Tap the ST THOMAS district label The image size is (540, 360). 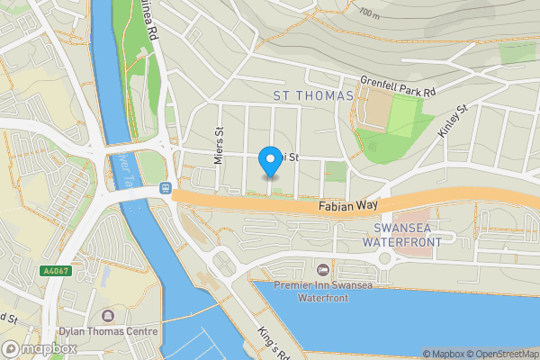(x=309, y=94)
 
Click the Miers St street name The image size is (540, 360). (x=218, y=139)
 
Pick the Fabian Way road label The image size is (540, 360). (x=345, y=206)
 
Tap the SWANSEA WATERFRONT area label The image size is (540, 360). (x=401, y=235)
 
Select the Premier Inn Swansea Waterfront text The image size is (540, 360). (x=321, y=291)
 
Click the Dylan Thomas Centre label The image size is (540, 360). (x=108, y=330)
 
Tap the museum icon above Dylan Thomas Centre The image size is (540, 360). (x=108, y=316)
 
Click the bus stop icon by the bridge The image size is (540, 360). (x=165, y=188)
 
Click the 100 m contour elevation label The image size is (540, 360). (x=369, y=13)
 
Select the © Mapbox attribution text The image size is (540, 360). (x=442, y=354)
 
